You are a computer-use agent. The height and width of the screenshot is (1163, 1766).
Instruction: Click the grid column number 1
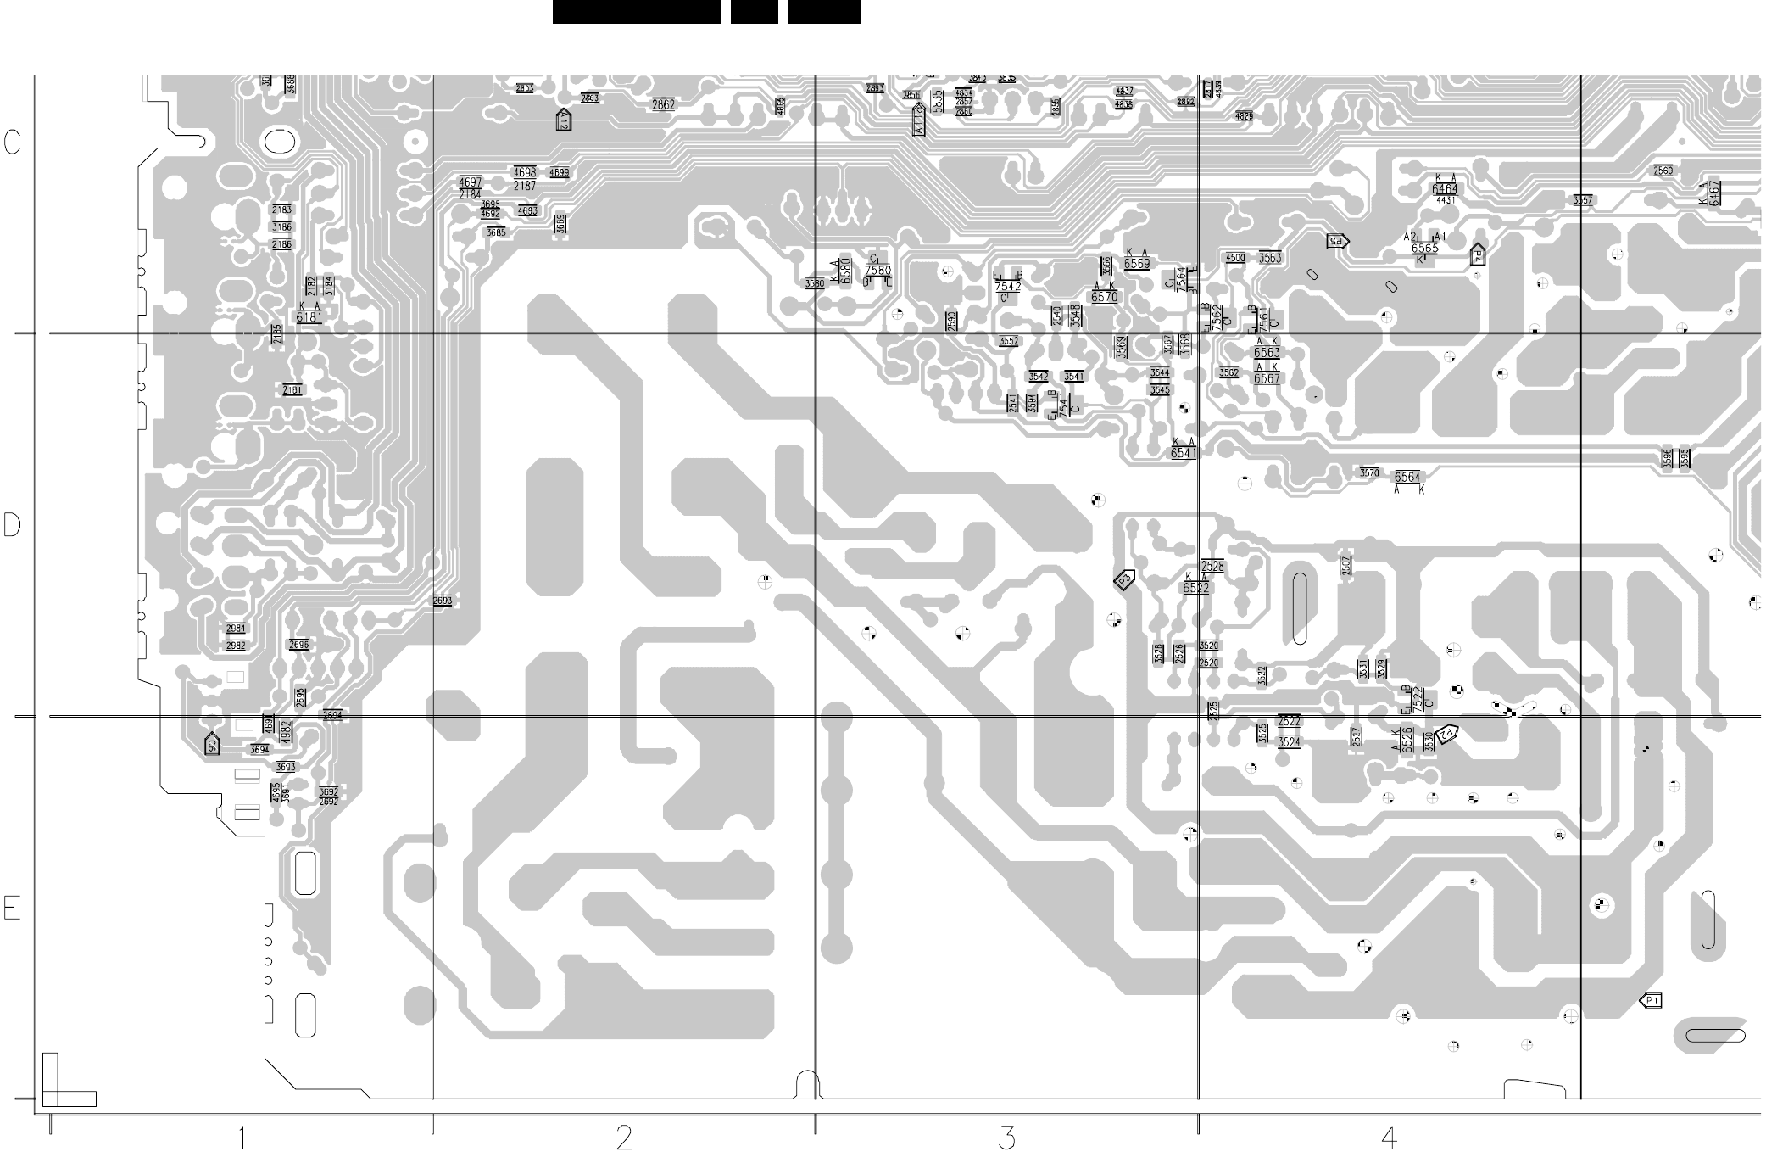242,1138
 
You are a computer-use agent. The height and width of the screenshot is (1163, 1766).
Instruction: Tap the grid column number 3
1006,1138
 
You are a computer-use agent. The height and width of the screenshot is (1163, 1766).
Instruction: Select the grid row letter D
12,525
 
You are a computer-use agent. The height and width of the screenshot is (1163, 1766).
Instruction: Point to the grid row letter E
12,908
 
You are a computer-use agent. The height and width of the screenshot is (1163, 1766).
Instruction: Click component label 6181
309,317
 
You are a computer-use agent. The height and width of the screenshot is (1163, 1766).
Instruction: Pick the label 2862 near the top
663,105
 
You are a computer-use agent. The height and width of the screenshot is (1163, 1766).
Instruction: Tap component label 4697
470,182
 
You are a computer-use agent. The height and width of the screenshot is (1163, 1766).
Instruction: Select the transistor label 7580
878,271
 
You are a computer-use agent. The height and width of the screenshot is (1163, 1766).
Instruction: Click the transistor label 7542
1007,287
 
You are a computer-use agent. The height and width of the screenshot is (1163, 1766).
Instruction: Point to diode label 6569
1137,264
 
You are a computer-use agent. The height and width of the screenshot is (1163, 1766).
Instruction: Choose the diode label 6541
1184,453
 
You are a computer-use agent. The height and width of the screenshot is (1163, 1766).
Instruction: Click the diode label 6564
1407,478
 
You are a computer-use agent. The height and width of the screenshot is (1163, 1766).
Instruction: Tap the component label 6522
1196,587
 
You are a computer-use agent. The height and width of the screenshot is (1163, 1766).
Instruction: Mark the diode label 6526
1407,739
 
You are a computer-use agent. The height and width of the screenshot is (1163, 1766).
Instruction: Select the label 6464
1445,188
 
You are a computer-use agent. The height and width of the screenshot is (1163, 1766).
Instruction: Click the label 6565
1424,249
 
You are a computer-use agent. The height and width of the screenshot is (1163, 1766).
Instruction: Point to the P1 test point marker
1651,1001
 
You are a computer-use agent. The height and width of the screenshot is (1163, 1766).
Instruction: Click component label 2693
443,601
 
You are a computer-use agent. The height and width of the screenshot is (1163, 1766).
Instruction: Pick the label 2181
292,390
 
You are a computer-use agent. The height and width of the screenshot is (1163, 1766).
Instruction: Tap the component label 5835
937,101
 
